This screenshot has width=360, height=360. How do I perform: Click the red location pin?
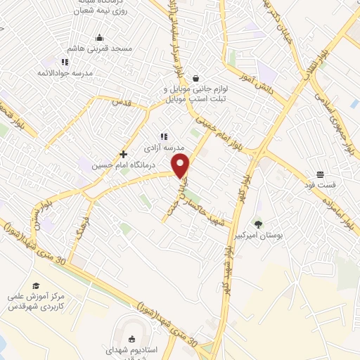coord(181,166)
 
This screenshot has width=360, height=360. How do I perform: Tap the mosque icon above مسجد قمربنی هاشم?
coord(100,37)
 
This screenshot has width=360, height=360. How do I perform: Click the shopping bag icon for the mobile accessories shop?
coord(195,78)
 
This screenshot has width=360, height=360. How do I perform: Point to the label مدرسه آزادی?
coord(163,148)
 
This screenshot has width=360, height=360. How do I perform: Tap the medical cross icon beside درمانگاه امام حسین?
coord(124,154)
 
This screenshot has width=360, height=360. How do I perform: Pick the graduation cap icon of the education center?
coord(35,284)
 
